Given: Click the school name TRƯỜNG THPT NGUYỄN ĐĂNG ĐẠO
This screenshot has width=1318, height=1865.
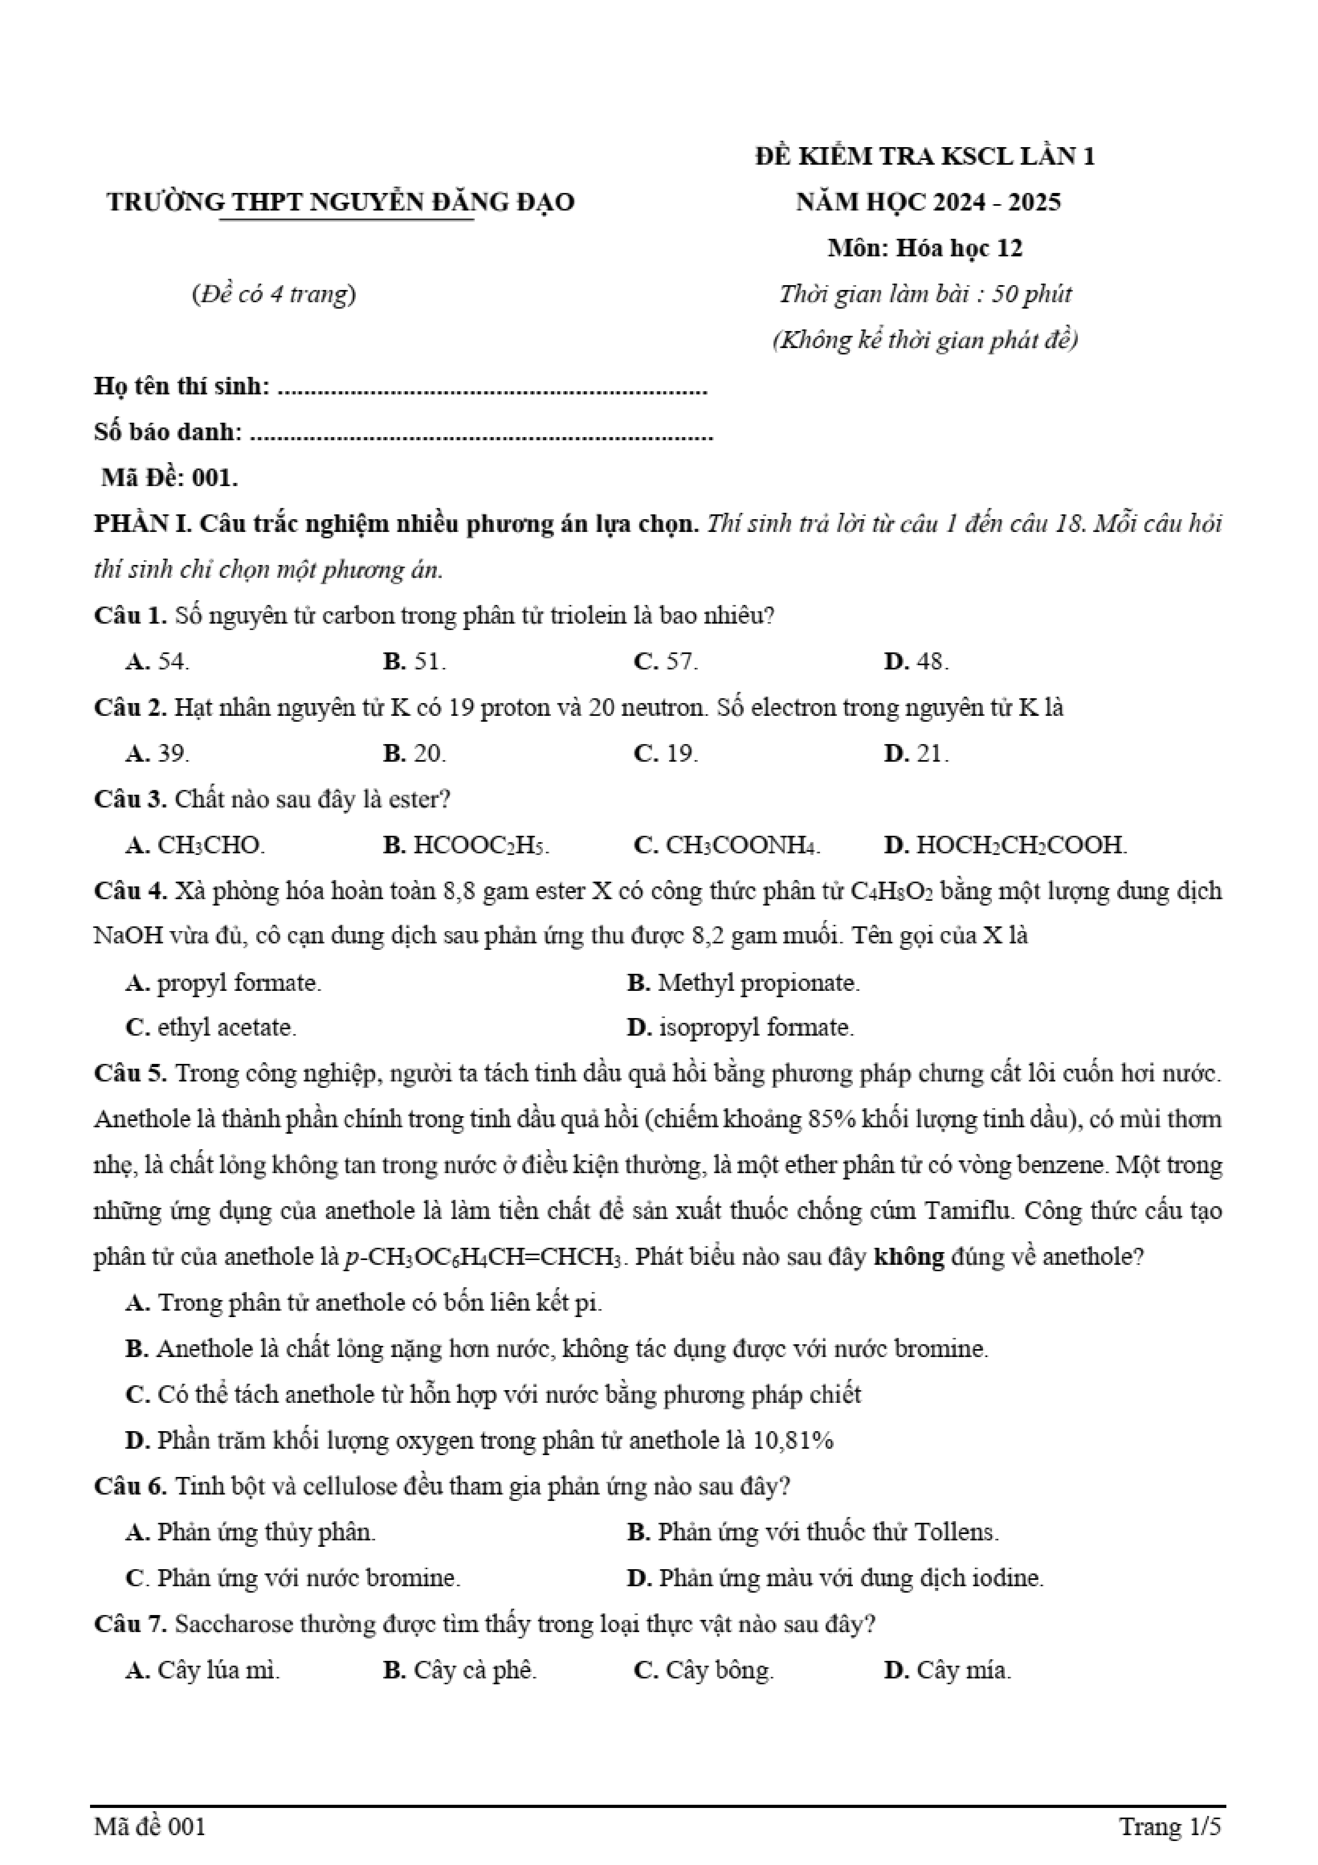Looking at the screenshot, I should click(x=340, y=201).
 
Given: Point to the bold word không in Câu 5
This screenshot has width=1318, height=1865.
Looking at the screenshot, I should click(x=909, y=1257).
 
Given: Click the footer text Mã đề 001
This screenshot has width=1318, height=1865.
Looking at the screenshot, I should click(x=150, y=1827).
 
